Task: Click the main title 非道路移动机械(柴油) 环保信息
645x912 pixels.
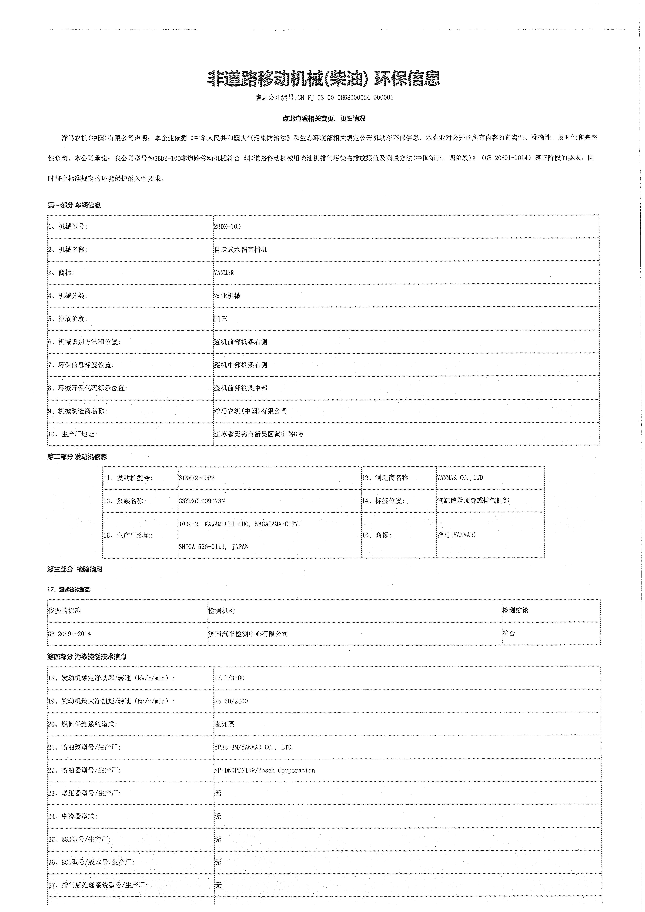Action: click(x=324, y=79)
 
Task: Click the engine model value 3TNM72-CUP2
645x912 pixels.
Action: click(x=197, y=478)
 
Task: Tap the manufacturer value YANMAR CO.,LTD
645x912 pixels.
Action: click(x=460, y=478)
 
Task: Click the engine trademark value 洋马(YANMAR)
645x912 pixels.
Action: click(x=456, y=535)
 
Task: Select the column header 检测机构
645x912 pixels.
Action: click(x=222, y=611)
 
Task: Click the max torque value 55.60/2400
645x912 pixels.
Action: click(x=231, y=701)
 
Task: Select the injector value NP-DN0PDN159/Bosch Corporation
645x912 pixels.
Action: click(x=265, y=770)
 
